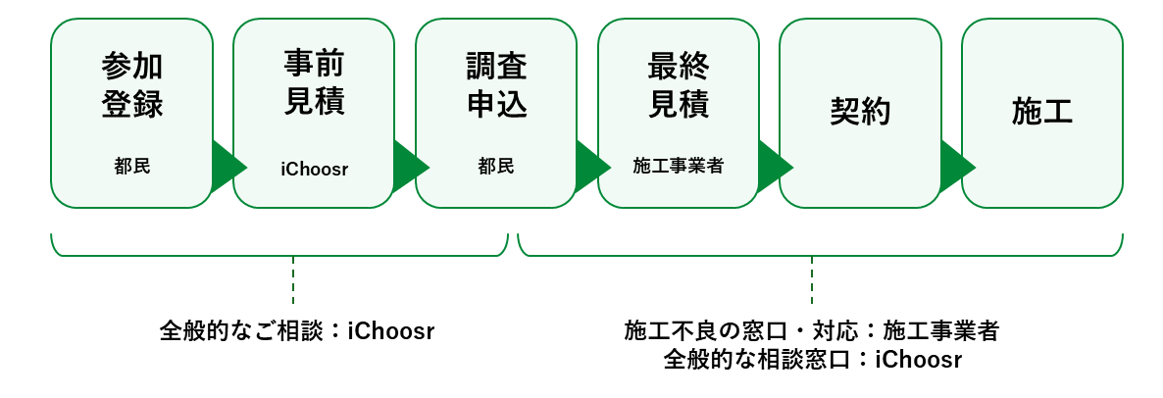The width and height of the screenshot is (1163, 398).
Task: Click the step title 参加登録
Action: point(131,85)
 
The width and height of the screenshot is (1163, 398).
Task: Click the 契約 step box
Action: point(860,113)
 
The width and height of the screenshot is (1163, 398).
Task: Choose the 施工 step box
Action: point(1042,113)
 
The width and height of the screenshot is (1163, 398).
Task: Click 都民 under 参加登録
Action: point(131,167)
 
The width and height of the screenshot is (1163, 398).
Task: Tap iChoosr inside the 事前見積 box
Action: point(314,170)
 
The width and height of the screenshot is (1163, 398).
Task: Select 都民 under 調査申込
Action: point(496,167)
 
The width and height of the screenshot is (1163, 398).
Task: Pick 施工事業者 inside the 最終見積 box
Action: point(679,167)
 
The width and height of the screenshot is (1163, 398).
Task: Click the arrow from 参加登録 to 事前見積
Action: point(227,166)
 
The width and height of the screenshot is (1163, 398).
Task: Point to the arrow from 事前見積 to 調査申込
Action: point(409,166)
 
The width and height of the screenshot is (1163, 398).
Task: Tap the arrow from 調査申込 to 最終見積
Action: point(591,166)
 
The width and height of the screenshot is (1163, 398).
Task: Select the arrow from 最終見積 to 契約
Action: point(773,166)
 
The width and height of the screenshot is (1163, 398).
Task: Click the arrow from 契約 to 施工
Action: point(955,166)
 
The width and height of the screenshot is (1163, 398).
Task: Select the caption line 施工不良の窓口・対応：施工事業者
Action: point(812,331)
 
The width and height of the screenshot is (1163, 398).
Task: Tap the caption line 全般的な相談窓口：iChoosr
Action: point(812,360)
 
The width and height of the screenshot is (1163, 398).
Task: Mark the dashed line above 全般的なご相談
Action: point(293,280)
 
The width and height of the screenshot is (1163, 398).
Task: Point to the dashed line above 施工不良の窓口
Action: point(812,280)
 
